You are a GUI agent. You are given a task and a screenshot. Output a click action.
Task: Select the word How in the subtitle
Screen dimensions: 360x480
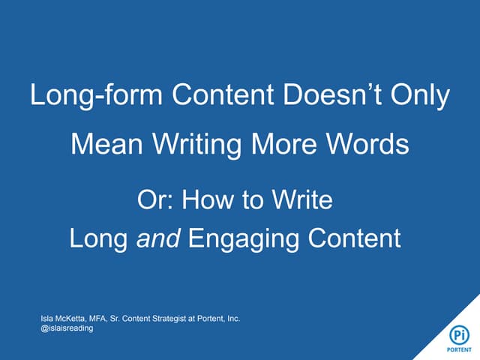[x=206, y=200]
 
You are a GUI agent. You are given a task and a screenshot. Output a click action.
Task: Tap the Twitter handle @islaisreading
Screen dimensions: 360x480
[x=67, y=328]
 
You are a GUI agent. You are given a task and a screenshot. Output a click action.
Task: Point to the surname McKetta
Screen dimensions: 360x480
[x=73, y=319]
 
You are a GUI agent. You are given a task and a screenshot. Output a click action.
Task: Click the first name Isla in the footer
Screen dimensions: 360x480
[x=47, y=319]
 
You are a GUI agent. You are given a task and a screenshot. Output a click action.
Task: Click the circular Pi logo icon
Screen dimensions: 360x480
[x=459, y=333]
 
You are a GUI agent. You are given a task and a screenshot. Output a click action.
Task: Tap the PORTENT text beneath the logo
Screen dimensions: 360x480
[x=459, y=349]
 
